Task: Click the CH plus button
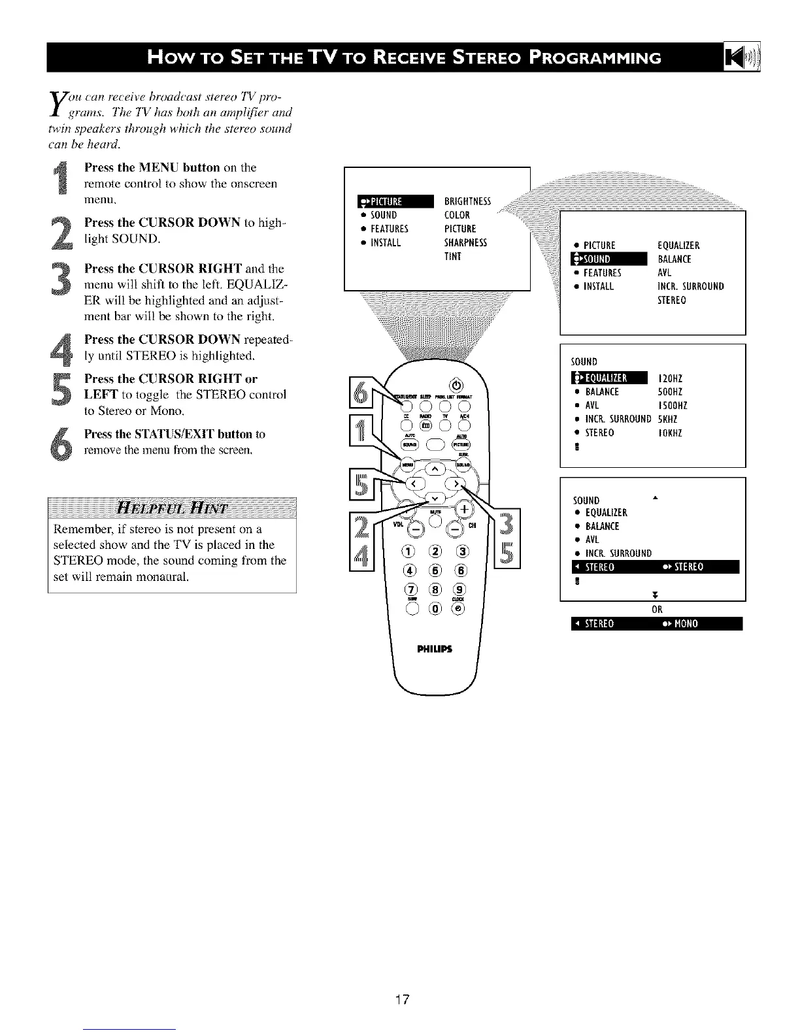point(465,509)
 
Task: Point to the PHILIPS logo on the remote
point(433,649)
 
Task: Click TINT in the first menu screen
point(453,256)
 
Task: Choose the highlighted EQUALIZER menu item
point(608,378)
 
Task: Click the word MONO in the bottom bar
point(684,623)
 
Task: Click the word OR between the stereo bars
point(656,609)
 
